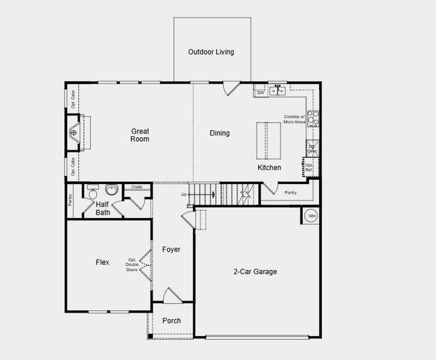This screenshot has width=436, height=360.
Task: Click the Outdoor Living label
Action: click(211, 52)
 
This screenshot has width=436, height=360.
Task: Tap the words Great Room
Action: click(140, 135)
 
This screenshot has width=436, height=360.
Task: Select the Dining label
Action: click(219, 133)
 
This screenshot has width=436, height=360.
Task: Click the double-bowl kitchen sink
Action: click(276, 91)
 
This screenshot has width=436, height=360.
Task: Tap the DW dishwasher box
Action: click(260, 93)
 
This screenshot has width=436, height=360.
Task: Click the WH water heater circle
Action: click(311, 215)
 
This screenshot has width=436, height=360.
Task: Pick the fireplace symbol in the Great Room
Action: click(74, 131)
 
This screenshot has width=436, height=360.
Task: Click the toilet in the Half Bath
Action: click(92, 193)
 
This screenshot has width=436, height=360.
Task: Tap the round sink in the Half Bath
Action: click(111, 190)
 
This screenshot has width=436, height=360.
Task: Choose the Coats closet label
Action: click(137, 187)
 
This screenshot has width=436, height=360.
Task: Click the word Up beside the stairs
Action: click(184, 194)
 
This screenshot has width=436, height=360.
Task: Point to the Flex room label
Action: click(103, 262)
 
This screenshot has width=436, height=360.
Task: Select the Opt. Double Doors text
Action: click(132, 265)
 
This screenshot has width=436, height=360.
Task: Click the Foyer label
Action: click(171, 250)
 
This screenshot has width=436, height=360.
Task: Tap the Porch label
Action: click(172, 321)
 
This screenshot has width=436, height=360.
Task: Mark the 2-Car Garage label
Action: click(255, 272)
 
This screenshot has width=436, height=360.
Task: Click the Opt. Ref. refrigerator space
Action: click(309, 167)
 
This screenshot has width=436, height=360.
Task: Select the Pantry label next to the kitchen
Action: click(290, 193)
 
